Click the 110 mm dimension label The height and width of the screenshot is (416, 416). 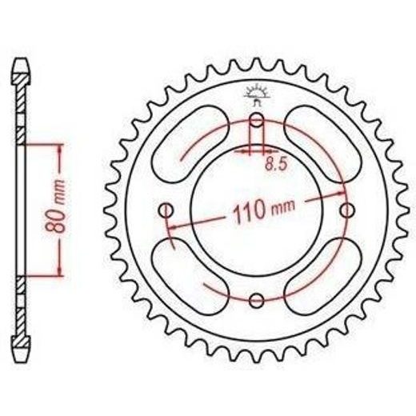(x=264, y=210)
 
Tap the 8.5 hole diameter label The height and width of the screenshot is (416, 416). (x=276, y=165)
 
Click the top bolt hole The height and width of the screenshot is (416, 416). (x=256, y=120)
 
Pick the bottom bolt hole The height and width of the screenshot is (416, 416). (x=256, y=301)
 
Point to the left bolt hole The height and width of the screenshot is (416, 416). (x=166, y=210)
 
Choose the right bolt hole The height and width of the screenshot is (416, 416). (x=346, y=210)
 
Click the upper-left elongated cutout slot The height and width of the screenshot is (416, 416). (x=190, y=144)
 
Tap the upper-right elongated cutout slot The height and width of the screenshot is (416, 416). (x=322, y=144)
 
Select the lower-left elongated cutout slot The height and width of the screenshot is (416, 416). (x=190, y=277)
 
